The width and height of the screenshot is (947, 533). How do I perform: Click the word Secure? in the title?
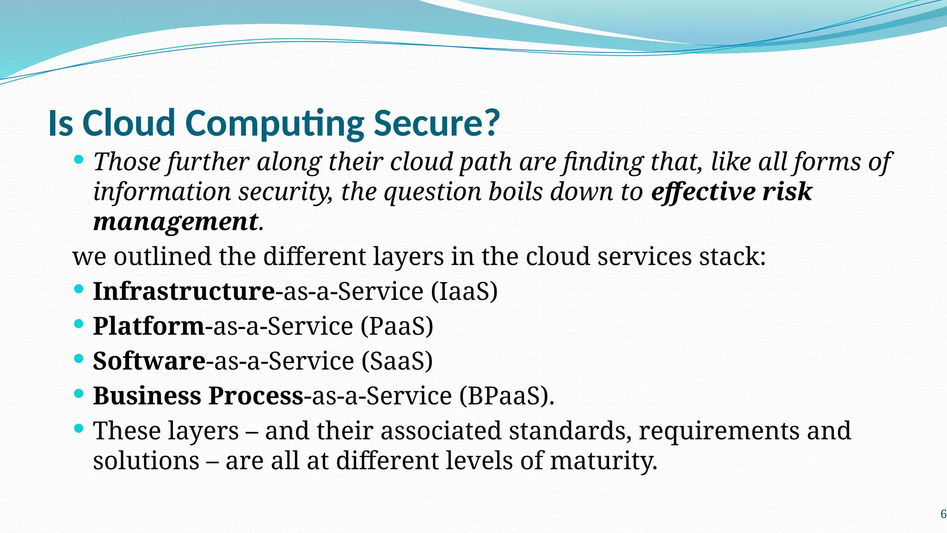click(x=437, y=123)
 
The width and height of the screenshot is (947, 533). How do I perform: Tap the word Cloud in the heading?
click(x=128, y=123)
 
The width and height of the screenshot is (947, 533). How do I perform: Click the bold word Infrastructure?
click(x=184, y=291)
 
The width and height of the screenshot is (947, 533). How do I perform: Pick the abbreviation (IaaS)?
click(x=464, y=291)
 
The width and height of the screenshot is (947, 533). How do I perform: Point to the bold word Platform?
click(x=148, y=326)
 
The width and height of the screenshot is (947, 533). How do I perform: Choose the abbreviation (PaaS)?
click(x=397, y=326)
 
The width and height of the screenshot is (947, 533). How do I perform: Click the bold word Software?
click(x=149, y=361)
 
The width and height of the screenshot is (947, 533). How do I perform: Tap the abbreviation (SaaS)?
click(x=397, y=361)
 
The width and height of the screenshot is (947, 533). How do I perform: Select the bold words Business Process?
click(x=198, y=396)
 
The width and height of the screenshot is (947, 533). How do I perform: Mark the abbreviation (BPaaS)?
click(x=506, y=396)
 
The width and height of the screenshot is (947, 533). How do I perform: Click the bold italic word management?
click(x=175, y=222)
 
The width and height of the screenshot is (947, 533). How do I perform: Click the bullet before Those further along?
click(x=79, y=160)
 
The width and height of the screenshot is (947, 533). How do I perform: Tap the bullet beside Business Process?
click(x=79, y=394)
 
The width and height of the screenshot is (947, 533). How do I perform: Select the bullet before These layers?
click(x=79, y=428)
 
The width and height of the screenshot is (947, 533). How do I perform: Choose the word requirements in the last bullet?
click(x=719, y=431)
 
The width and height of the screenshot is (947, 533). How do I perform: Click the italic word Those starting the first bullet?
click(x=127, y=162)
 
